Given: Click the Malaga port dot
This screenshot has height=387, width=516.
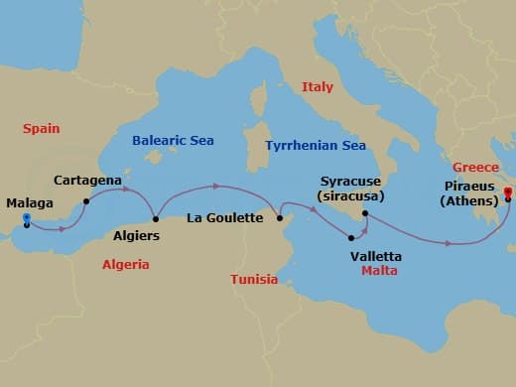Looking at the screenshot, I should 27,221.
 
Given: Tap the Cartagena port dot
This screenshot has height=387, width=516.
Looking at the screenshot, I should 86,200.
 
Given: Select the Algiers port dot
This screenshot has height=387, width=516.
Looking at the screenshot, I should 156,219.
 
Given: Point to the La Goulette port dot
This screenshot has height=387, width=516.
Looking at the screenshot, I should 280,217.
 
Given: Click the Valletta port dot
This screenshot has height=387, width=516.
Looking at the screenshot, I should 351,237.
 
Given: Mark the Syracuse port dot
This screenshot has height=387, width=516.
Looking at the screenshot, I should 365,212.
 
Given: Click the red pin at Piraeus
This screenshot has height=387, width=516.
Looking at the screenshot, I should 507,193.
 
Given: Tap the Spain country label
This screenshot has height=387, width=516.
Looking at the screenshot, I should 42,129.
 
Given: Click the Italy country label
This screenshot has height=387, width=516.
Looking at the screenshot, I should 318,87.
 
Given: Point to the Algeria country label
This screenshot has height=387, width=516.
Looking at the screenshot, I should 126,265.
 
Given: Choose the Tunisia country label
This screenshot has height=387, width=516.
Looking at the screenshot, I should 254,279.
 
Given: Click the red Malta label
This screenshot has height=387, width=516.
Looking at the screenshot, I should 380,270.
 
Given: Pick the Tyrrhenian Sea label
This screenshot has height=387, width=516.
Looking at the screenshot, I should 316,146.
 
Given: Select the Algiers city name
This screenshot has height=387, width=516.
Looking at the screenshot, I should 137,237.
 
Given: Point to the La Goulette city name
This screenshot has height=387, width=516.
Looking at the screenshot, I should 225,218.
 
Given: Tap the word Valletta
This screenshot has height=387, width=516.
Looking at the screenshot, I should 377,256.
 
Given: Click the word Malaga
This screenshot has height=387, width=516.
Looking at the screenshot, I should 30,203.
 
